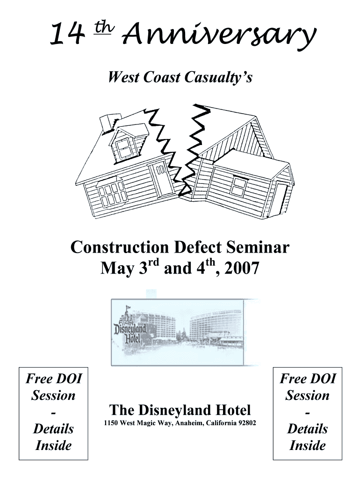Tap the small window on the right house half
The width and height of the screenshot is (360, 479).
tap(239, 186)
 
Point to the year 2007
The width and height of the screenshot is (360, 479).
tap(242, 268)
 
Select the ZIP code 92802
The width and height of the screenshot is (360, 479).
tap(247, 423)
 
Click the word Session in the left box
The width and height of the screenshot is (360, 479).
tap(53, 395)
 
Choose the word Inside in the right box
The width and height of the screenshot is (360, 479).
tap(308, 445)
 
